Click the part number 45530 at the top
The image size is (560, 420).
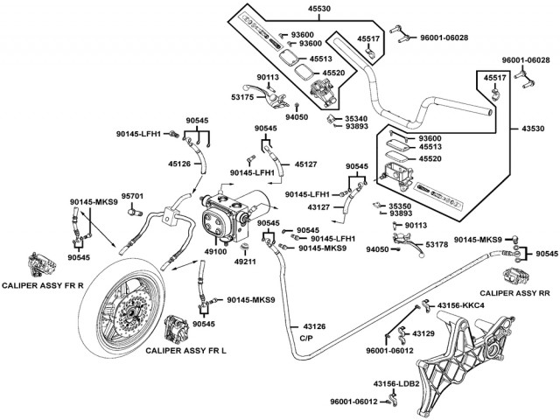294,7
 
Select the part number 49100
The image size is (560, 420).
215,251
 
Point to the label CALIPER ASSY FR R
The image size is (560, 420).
43,286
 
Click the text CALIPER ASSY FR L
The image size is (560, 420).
185,350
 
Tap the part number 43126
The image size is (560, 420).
314,326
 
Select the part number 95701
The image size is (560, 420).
132,196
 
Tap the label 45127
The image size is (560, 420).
305,164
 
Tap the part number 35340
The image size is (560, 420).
356,115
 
